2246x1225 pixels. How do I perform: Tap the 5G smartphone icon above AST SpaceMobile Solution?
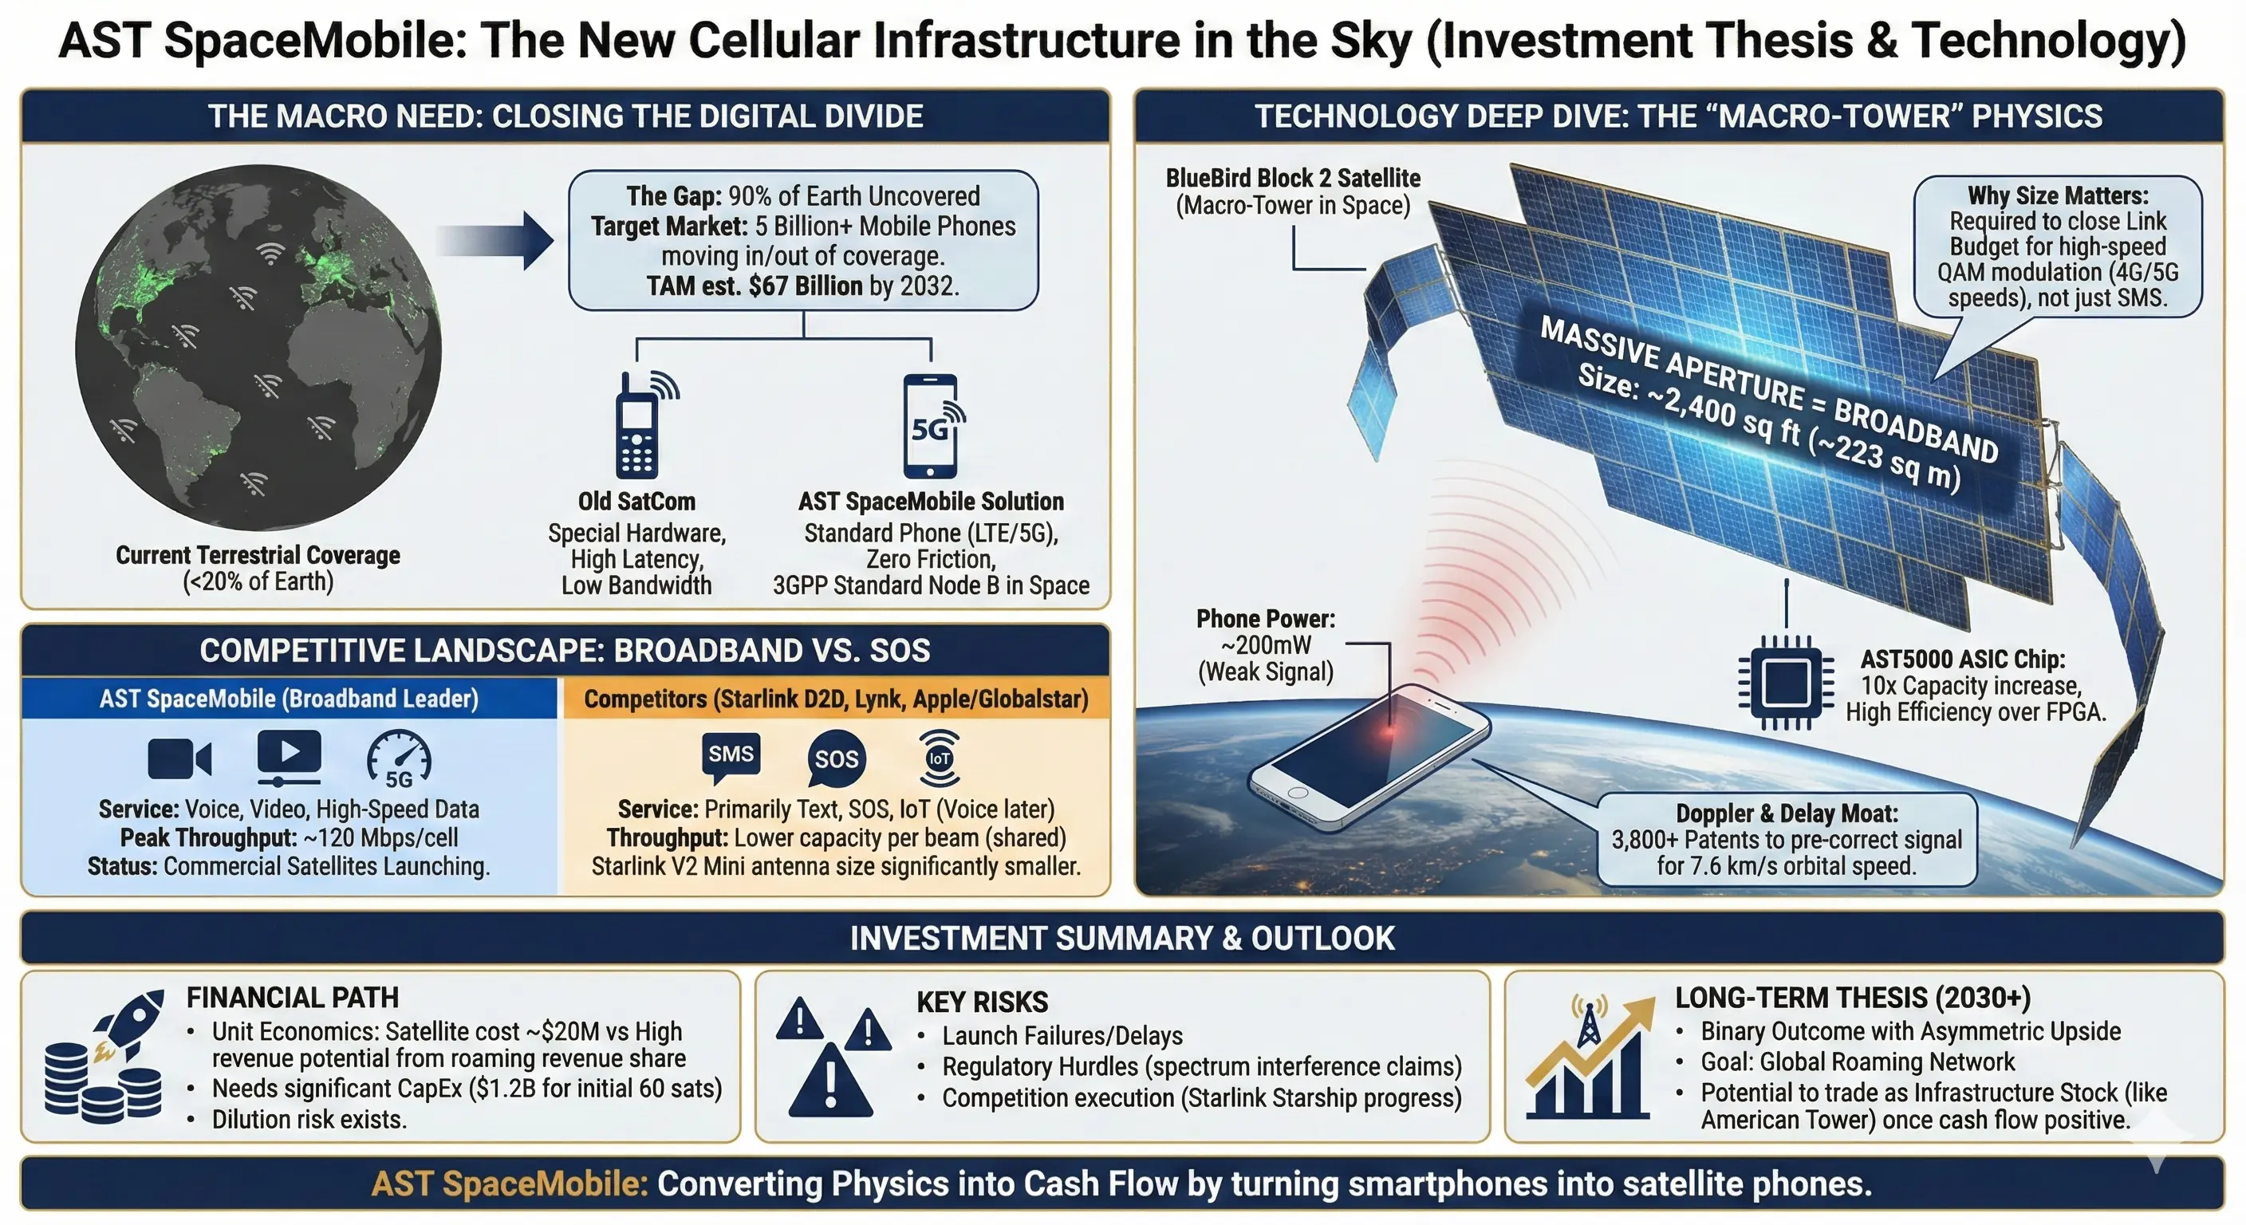pyautogui.click(x=932, y=427)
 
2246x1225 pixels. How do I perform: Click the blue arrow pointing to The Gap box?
pyautogui.click(x=495, y=240)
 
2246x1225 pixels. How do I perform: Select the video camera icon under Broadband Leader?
pyautogui.click(x=179, y=758)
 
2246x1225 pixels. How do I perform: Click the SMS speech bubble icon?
pyautogui.click(x=731, y=756)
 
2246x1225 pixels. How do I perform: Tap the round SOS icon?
pyautogui.click(x=836, y=758)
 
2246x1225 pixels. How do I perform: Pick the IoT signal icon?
pyautogui.click(x=939, y=758)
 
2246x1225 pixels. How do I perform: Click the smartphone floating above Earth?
pyautogui.click(x=1369, y=755)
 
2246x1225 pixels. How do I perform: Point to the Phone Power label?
pyautogui.click(x=1266, y=619)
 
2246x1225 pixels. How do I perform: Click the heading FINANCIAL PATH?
pyautogui.click(x=293, y=998)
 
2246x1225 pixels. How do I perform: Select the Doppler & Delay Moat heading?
pyautogui.click(x=1787, y=813)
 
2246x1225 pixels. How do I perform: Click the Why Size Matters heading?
pyautogui.click(x=2058, y=195)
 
